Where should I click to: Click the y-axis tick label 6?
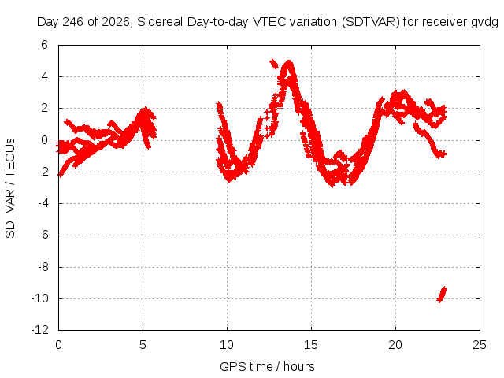tap(44, 45)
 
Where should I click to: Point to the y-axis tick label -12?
tap(40, 330)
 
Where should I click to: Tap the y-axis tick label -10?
tap(40, 298)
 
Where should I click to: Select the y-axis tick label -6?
tap(43, 235)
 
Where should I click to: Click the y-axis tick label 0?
tap(44, 140)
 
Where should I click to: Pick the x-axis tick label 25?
tap(480, 345)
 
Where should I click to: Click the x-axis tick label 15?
tap(311, 345)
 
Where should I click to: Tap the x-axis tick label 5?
tap(143, 345)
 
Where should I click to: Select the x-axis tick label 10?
tap(227, 345)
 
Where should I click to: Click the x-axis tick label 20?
tap(395, 345)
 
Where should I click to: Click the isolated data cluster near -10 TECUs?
tap(442, 295)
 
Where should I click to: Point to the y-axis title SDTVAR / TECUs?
tap(10, 188)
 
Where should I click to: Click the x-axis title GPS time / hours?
tap(267, 366)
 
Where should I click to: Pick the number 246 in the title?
tap(73, 22)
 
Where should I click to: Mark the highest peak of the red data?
tap(289, 61)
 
